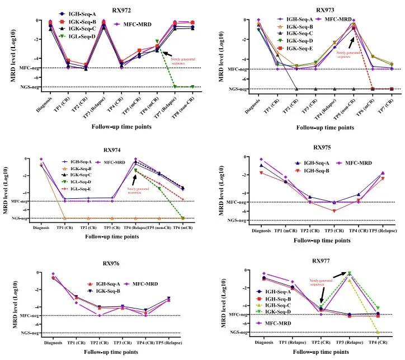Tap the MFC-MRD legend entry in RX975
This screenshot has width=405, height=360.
(x=354, y=163)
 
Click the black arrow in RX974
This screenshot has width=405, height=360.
(x=134, y=179)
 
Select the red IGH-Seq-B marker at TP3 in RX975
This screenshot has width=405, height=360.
(x=334, y=211)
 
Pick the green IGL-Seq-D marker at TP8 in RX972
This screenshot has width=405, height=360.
(x=192, y=86)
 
